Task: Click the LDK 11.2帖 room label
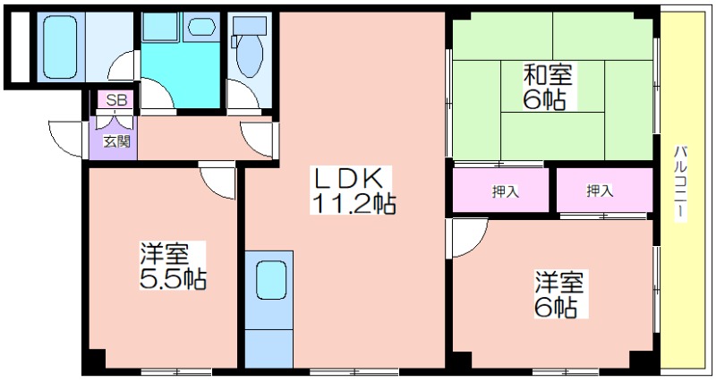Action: pyautogui.click(x=353, y=190)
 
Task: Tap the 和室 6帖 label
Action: pyautogui.click(x=548, y=87)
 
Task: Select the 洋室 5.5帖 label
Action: pyautogui.click(x=173, y=266)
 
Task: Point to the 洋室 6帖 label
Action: pyautogui.click(x=560, y=294)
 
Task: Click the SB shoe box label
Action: pyautogui.click(x=116, y=100)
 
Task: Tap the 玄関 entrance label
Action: pyautogui.click(x=117, y=141)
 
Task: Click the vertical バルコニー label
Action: pyautogui.click(x=680, y=183)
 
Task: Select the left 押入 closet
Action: pyautogui.click(x=501, y=190)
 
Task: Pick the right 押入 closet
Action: pyautogui.click(x=605, y=190)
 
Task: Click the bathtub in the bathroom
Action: pyautogui.click(x=60, y=47)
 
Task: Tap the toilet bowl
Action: pyautogui.click(x=250, y=55)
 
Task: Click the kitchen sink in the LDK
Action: pyautogui.click(x=271, y=280)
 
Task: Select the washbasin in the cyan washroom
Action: pyautogui.click(x=202, y=27)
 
